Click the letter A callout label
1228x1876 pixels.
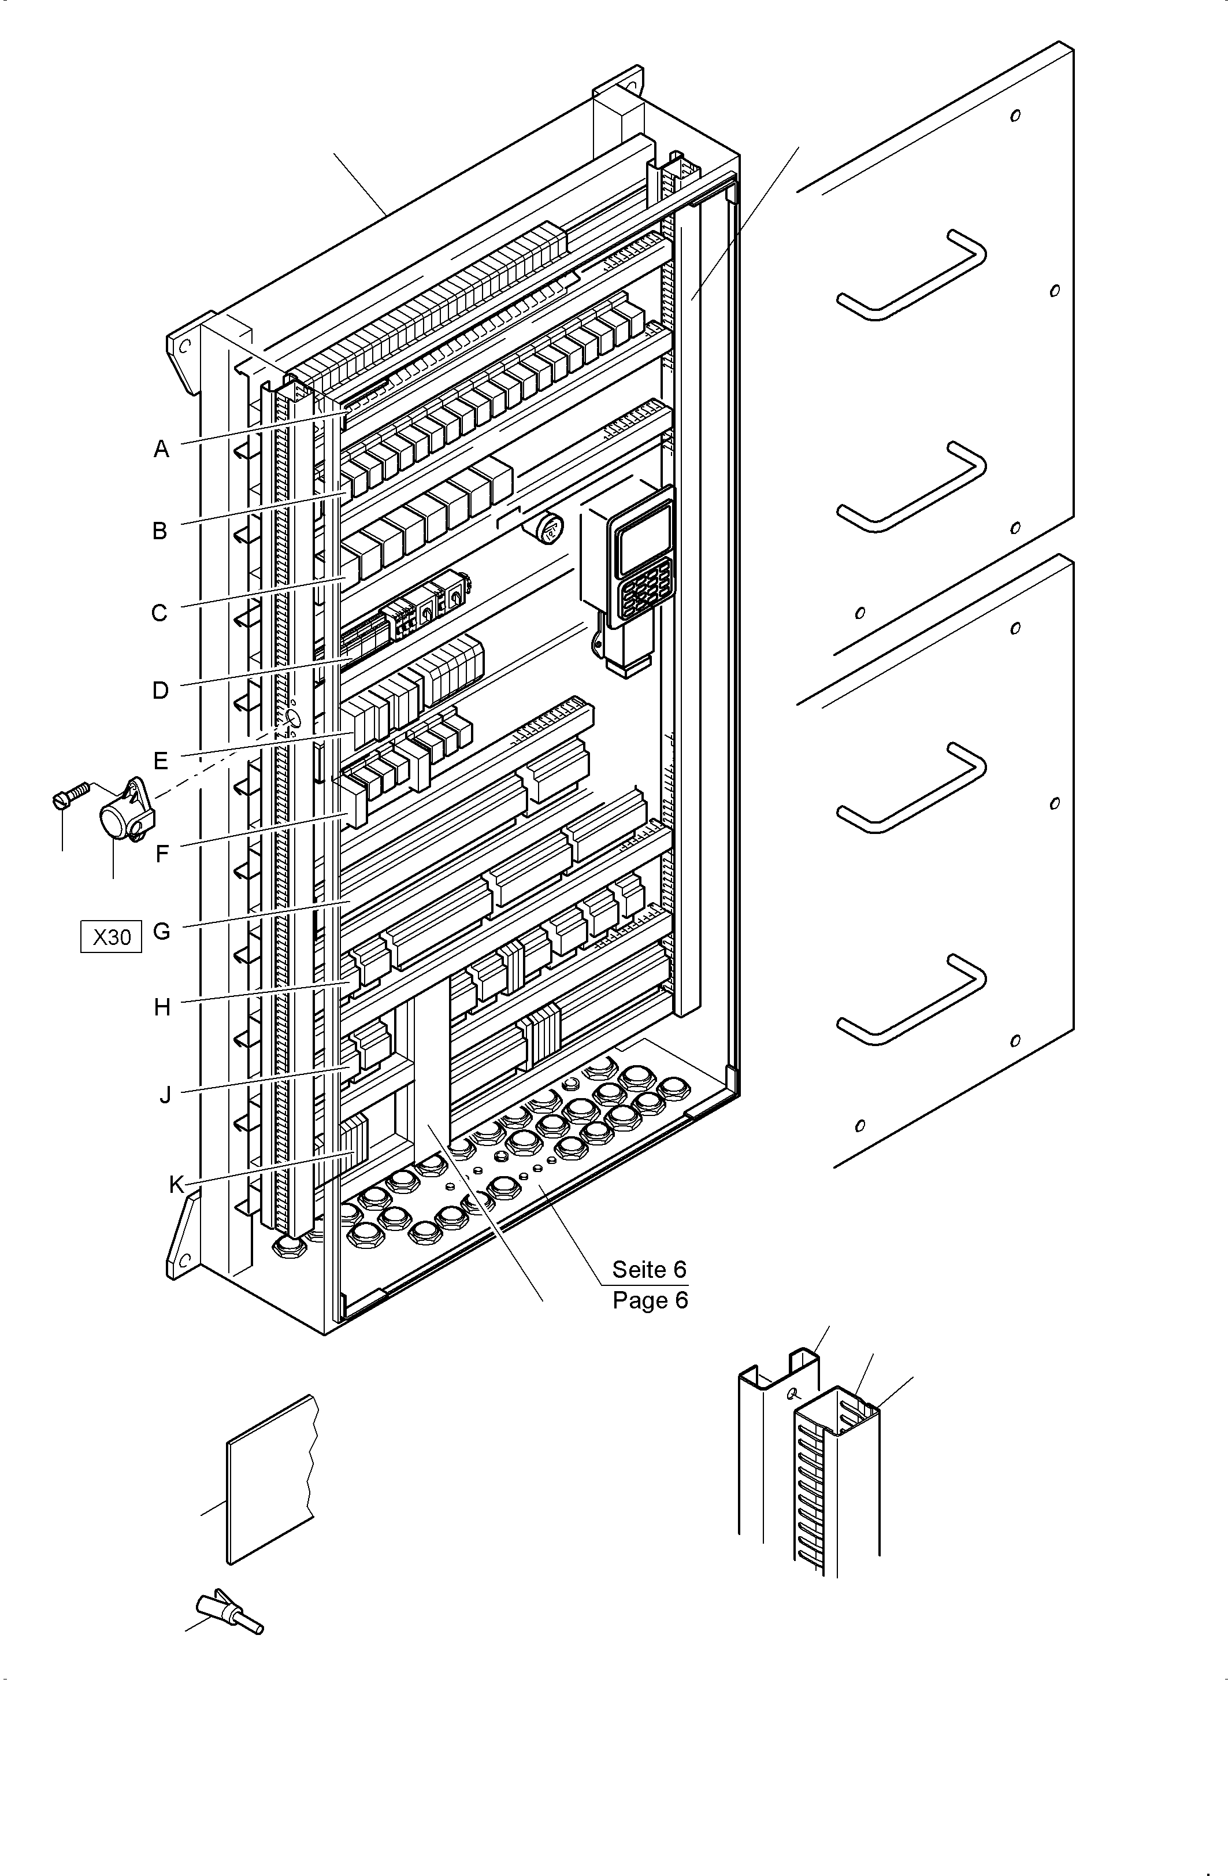coord(161,449)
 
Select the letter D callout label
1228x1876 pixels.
coord(160,691)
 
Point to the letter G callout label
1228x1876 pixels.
coord(161,931)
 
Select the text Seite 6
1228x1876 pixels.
coord(649,1269)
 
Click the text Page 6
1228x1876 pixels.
coord(650,1300)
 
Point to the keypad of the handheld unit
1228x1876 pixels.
coord(646,587)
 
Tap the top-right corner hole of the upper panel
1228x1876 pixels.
coord(1015,116)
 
